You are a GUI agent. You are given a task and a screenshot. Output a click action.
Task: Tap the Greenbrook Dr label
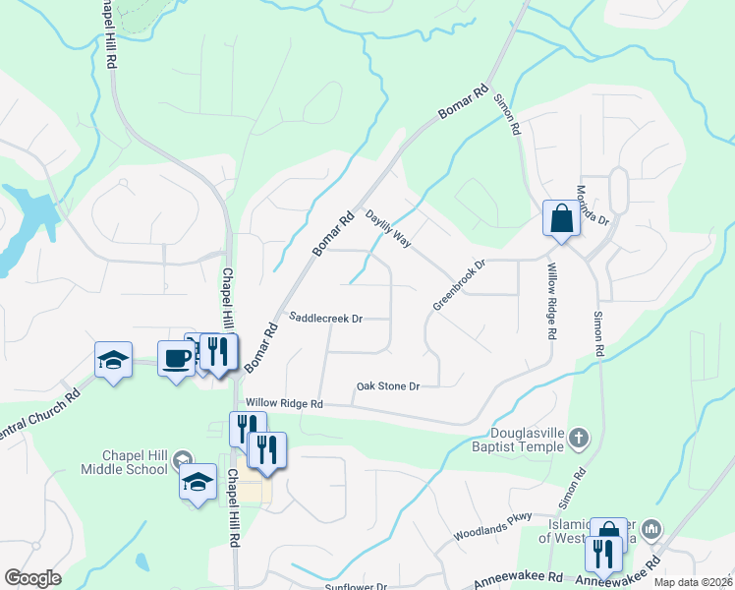click(459, 285)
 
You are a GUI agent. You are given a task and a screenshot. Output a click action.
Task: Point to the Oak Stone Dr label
click(388, 386)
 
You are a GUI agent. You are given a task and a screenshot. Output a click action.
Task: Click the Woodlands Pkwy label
click(492, 527)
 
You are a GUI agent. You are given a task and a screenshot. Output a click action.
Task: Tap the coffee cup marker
click(177, 359)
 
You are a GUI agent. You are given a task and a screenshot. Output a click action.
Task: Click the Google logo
click(31, 578)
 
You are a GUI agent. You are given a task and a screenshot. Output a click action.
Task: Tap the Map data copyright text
click(694, 582)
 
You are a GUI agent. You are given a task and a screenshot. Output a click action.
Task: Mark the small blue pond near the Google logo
click(142, 562)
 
